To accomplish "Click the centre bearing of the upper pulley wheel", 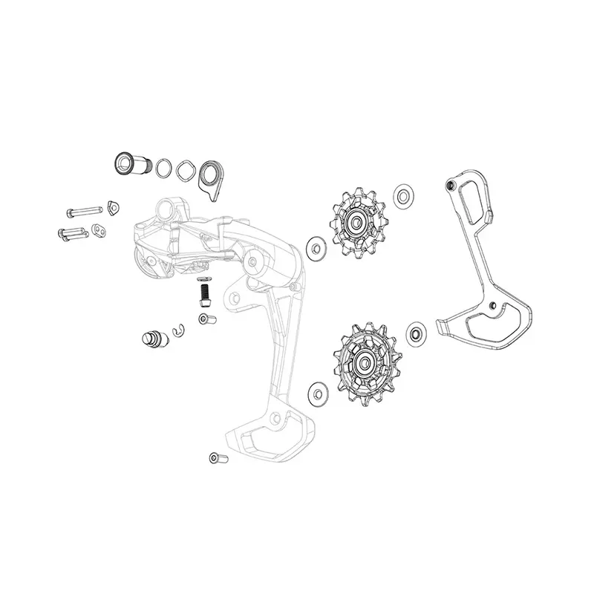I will pyautogui.click(x=355, y=222).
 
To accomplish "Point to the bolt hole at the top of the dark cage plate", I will pyautogui.click(x=449, y=183).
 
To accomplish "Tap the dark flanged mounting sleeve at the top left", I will pyautogui.click(x=125, y=162).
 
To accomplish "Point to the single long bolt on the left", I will pyautogui.click(x=82, y=211).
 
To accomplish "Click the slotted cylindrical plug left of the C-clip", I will pyautogui.click(x=152, y=340).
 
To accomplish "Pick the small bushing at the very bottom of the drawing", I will pyautogui.click(x=216, y=459).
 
